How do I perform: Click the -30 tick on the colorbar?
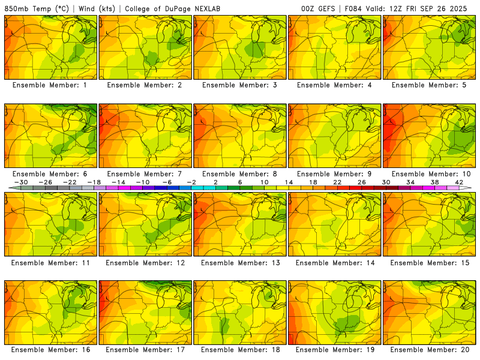point(21,182)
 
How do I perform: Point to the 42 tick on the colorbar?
point(459,182)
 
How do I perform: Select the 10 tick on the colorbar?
point(264,182)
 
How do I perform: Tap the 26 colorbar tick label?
point(361,182)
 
